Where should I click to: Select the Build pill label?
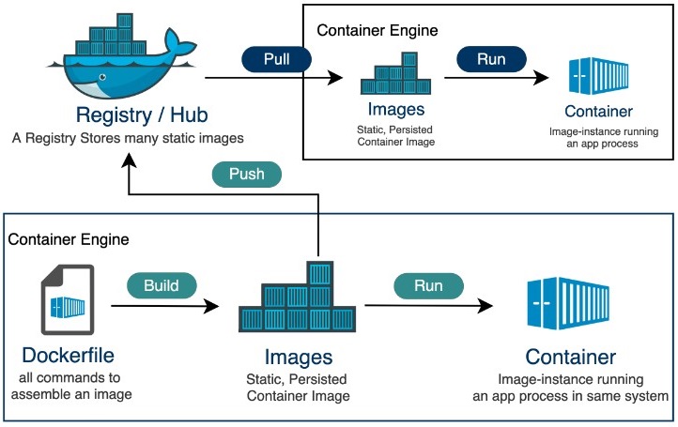coord(162,283)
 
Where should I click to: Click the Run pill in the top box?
coord(491,57)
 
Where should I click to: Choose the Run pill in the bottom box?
coord(428,284)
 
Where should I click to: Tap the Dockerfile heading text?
coord(68,358)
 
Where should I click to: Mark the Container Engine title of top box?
coord(377,30)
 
